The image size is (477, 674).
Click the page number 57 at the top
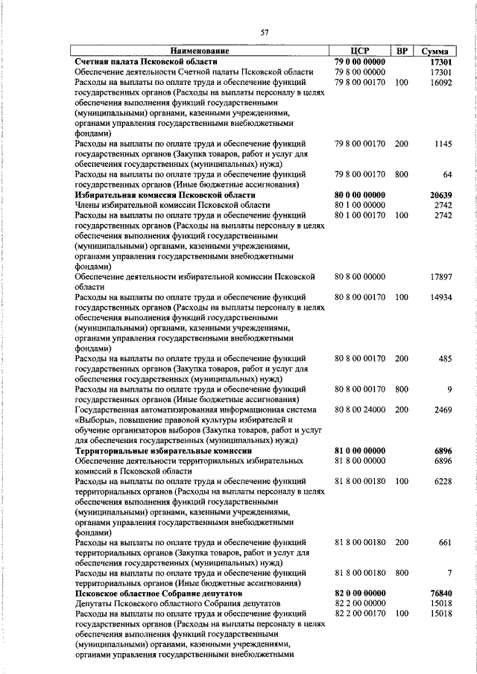coord(264,32)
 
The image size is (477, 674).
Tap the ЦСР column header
coord(360,51)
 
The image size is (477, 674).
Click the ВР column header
coord(402,51)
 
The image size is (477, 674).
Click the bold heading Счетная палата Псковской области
coord(147,61)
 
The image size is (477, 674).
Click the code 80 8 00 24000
coord(360,410)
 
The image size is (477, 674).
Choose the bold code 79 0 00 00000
coord(360,61)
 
